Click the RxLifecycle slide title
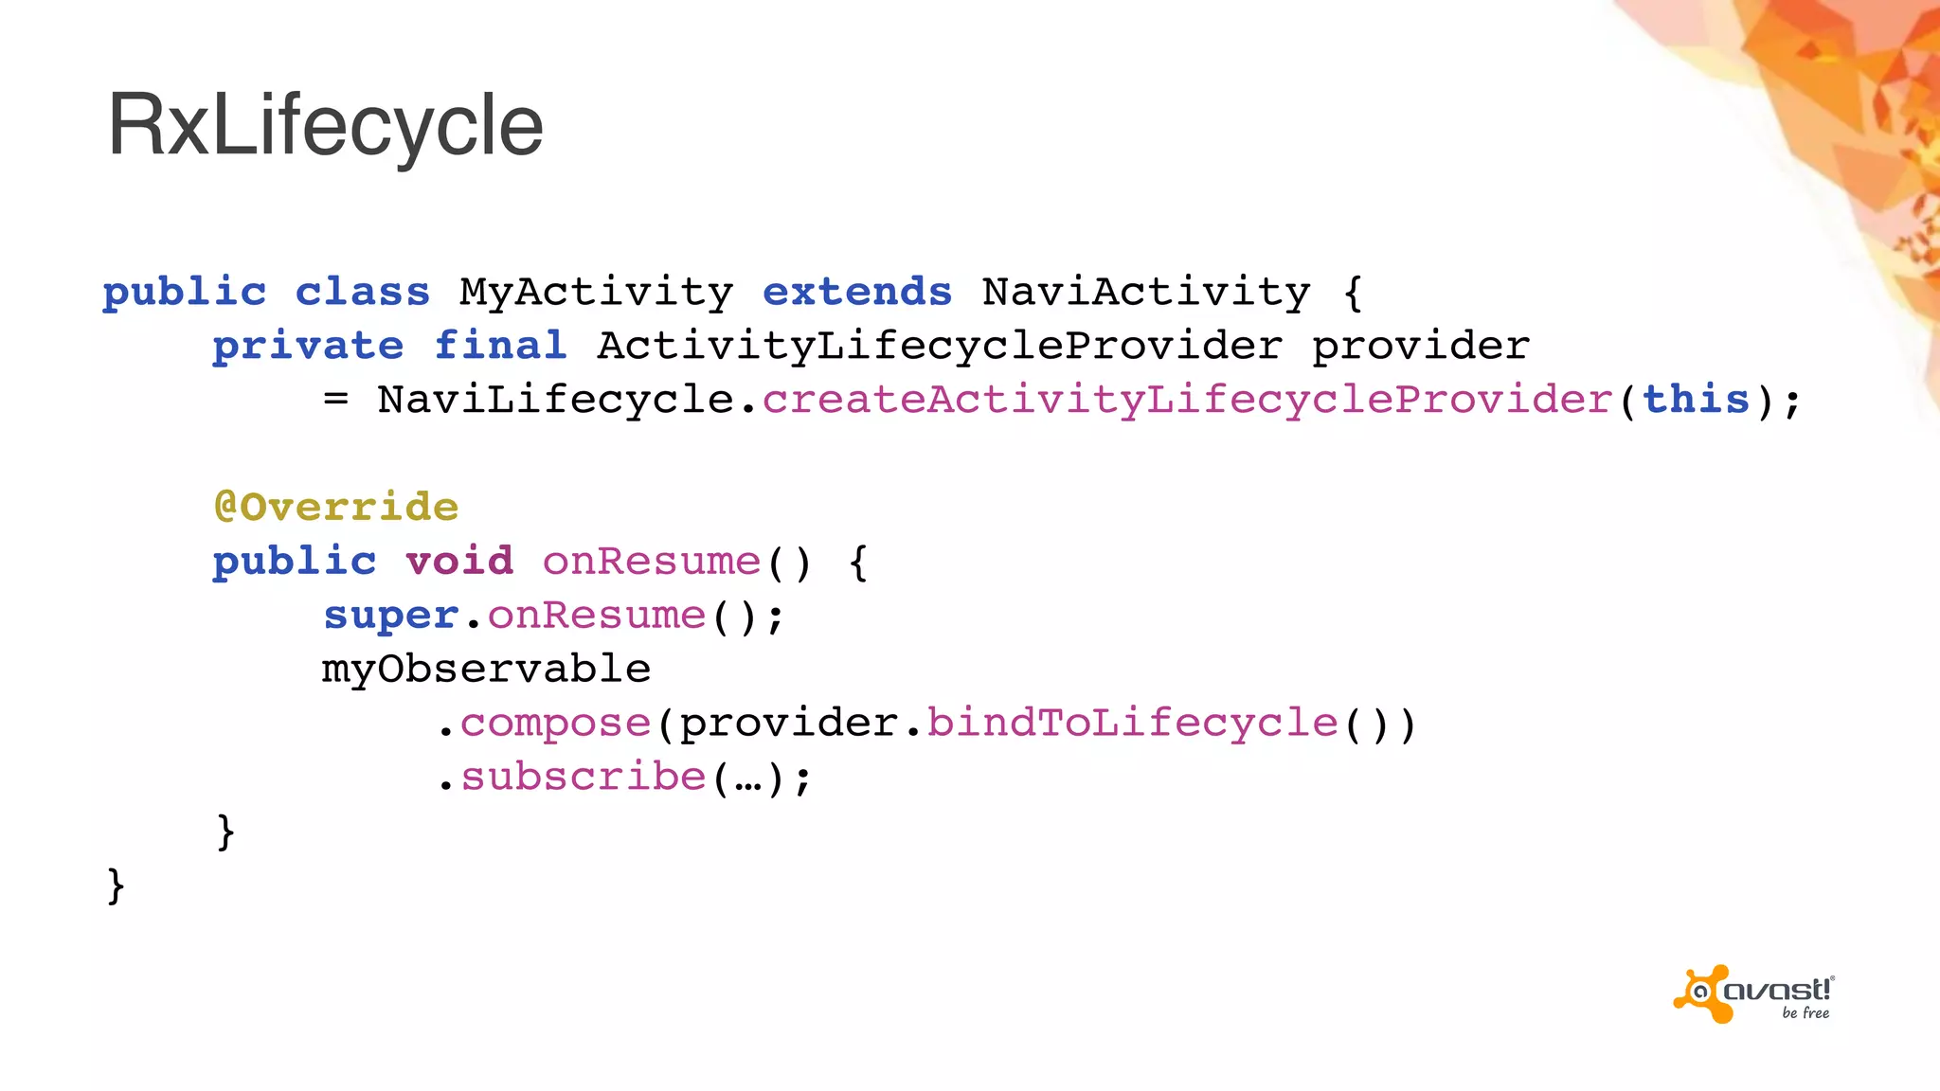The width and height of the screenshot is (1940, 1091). click(x=325, y=125)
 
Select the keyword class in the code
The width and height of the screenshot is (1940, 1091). click(x=363, y=292)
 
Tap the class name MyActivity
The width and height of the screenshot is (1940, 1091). click(x=596, y=292)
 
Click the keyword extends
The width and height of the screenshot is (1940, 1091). click(x=856, y=292)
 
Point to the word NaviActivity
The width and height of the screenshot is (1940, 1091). click(x=1146, y=292)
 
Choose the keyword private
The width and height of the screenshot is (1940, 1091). click(x=308, y=346)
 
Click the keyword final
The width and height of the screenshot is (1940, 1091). click(x=500, y=346)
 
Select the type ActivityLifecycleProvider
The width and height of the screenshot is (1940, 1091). click(x=940, y=346)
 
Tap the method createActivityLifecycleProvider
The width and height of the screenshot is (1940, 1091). click(x=1187, y=400)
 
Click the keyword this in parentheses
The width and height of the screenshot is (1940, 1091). click(x=1696, y=400)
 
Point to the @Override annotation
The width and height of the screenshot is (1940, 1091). click(x=336, y=507)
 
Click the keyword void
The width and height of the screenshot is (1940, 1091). click(x=459, y=561)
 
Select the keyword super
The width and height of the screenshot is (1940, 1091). click(x=391, y=616)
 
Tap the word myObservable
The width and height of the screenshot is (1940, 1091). click(x=486, y=669)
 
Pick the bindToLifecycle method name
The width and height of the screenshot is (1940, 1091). click(x=1132, y=724)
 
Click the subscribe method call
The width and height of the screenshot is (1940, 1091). click(x=584, y=778)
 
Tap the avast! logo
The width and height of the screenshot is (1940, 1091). click(x=1753, y=994)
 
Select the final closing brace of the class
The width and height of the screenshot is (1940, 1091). click(x=116, y=886)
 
